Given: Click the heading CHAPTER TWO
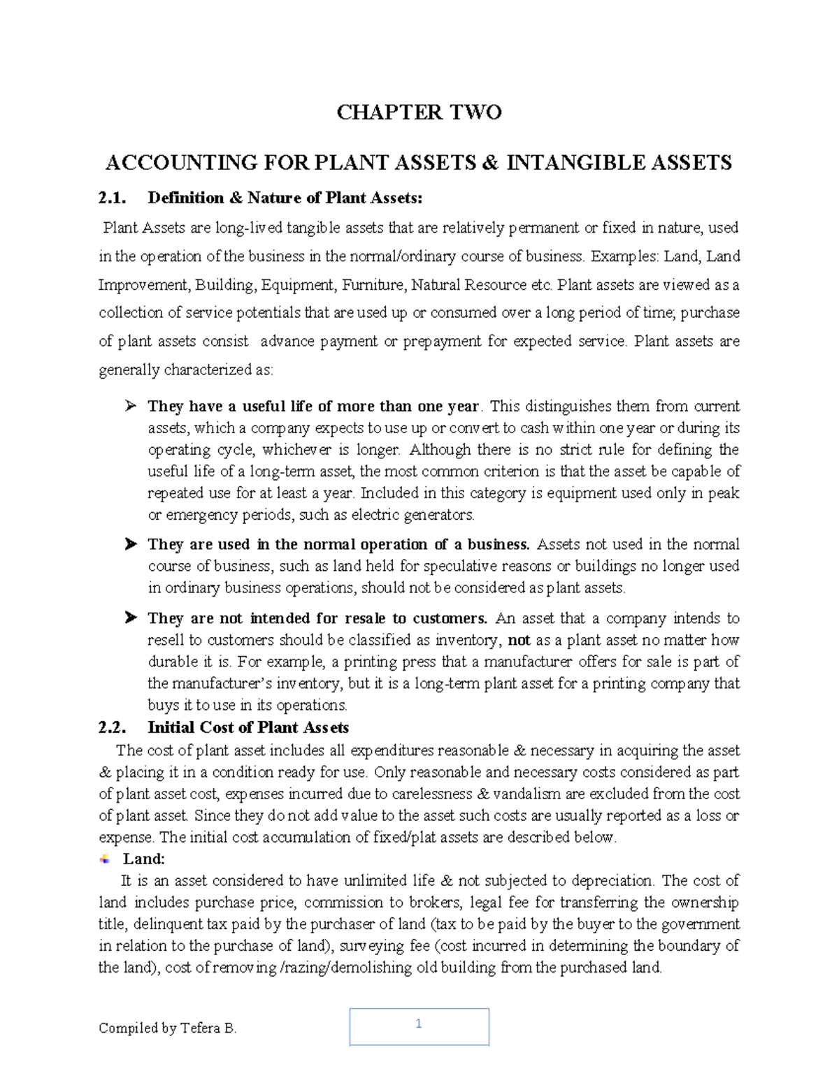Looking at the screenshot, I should tap(419, 112).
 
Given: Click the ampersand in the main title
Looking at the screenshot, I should tap(491, 163).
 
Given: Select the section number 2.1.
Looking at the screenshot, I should tap(112, 198).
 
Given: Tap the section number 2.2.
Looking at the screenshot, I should tap(112, 727).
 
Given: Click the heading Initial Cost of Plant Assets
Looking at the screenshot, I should tap(248, 727).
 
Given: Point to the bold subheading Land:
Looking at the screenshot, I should tap(144, 859).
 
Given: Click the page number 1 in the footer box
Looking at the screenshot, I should tap(419, 1024).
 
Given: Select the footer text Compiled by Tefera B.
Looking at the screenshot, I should tap(168, 1028).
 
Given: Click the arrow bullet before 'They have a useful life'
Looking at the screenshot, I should tap(130, 406).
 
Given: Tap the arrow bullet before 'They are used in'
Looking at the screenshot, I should tap(130, 544).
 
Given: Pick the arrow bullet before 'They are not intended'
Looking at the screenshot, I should tap(130, 618).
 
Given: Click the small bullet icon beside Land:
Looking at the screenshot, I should tap(105, 859).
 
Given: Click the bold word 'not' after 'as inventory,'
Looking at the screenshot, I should tap(519, 640).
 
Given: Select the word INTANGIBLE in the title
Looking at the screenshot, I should tap(577, 163).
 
